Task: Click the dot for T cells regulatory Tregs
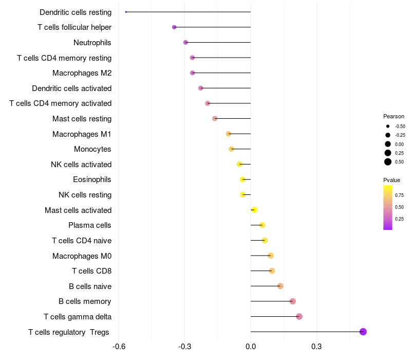tap(363, 332)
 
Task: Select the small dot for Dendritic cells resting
tap(126, 12)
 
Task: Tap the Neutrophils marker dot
tap(185, 43)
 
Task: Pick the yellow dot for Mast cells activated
tap(254, 210)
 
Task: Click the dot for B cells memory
tap(293, 301)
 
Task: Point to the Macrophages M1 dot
tap(228, 134)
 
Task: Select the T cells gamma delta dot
tap(299, 316)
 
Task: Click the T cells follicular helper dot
tap(174, 27)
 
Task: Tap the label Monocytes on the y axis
tap(92, 149)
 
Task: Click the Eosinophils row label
tap(92, 179)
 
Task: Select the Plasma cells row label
tap(89, 225)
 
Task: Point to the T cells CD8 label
tap(92, 271)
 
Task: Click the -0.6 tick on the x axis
tap(119, 347)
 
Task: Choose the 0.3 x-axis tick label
tap(316, 347)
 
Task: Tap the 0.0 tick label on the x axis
tap(251, 347)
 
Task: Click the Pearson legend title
tap(394, 116)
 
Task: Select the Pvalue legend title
tap(391, 180)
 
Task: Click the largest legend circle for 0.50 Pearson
tap(388, 162)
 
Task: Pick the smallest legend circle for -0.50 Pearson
tap(388, 126)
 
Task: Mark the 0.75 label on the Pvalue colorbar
tap(399, 195)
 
